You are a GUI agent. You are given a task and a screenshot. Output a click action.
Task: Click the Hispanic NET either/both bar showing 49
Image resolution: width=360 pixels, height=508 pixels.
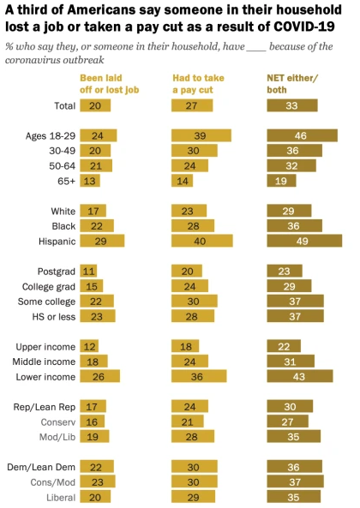pos(304,241)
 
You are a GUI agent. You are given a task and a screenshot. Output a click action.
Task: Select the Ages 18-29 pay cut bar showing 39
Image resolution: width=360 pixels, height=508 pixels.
pos(201,135)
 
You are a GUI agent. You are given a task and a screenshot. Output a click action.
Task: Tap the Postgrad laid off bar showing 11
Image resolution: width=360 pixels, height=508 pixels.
pos(88,272)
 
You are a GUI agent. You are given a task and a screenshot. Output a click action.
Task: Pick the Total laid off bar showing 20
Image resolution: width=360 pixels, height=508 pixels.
pos(95,105)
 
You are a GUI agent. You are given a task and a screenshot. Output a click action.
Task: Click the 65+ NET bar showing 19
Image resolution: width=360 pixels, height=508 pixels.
pos(281,181)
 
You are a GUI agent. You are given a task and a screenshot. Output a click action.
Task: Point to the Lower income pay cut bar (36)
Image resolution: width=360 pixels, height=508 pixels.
pos(199,376)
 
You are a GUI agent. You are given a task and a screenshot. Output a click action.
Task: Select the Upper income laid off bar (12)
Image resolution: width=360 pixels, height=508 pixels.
pos(89,346)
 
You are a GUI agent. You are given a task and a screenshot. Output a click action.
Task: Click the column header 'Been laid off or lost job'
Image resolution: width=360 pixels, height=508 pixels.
pos(110,84)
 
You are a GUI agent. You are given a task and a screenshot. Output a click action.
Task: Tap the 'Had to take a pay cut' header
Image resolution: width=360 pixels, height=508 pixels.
pos(198,84)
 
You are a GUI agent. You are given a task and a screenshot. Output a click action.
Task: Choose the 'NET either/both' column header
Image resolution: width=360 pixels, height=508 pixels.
pos(292,84)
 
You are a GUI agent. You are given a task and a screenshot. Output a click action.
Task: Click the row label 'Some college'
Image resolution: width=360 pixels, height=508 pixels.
pos(46,302)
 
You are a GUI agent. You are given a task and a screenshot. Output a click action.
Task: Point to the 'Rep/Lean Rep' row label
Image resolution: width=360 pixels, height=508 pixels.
pos(45,407)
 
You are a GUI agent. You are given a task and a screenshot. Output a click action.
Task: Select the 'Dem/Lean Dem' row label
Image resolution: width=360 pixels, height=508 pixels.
pos(41,467)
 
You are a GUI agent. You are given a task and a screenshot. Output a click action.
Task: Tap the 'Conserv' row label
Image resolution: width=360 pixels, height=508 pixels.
pos(58,422)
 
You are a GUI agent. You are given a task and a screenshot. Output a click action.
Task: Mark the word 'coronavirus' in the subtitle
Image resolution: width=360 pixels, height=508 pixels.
pos(32,60)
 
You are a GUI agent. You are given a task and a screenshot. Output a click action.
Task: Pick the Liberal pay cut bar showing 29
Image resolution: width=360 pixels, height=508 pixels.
pos(193,497)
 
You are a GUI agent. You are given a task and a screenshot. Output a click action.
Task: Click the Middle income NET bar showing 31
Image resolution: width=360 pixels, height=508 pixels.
pos(291,362)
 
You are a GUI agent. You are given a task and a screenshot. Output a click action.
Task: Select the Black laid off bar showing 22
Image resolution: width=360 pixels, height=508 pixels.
pos(97,226)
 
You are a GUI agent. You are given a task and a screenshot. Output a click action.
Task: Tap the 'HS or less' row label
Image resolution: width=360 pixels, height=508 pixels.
pos(54,316)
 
